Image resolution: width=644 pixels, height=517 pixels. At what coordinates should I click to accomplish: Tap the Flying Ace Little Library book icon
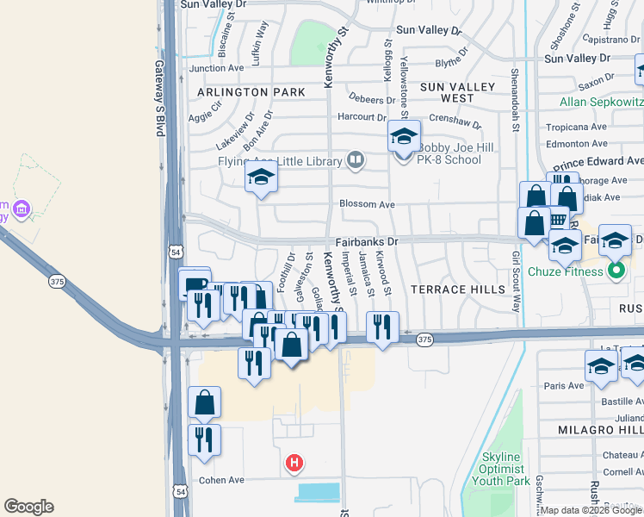354,159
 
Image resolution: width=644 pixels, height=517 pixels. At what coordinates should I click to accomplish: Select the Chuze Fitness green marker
616,272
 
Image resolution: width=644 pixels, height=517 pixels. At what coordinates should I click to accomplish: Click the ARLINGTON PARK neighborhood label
251,91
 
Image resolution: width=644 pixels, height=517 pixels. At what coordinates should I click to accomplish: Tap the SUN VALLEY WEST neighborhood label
458,92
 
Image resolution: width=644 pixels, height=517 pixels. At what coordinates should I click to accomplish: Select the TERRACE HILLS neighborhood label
457,290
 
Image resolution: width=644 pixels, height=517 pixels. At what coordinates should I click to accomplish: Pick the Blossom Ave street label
367,204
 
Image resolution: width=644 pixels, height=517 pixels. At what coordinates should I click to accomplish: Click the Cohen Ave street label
222,480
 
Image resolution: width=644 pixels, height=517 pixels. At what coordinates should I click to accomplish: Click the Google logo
28,507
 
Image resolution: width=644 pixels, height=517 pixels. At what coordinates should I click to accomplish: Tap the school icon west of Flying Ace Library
260,179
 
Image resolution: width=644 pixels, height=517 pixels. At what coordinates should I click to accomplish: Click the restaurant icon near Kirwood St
381,327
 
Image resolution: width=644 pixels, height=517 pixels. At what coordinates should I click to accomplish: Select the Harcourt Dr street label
362,117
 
